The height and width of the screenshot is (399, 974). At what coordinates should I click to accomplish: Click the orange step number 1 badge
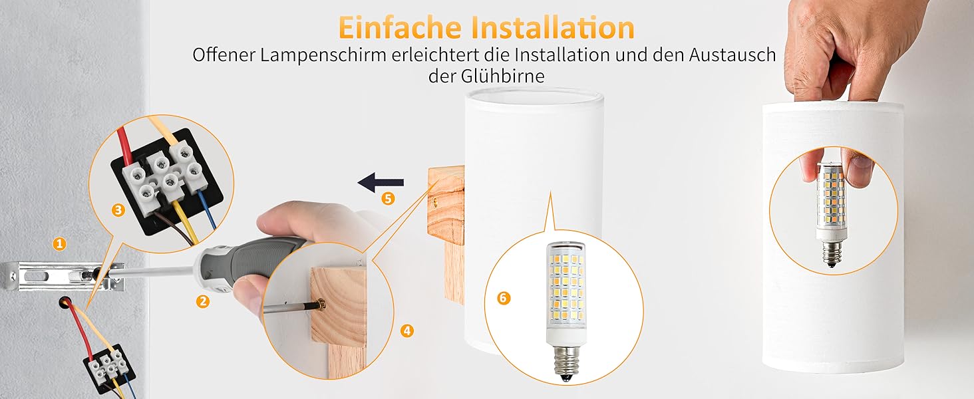coord(60,243)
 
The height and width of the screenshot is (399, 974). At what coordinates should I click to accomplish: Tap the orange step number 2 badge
coord(203,301)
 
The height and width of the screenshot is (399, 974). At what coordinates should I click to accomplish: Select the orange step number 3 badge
coord(118,210)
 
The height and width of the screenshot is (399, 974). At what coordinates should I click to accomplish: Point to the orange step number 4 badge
coord(406,331)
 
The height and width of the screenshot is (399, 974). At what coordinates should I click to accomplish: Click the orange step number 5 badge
coord(388,199)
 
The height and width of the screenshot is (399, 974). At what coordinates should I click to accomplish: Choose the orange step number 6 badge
coord(504,298)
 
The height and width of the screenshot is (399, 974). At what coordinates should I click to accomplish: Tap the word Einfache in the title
coord(400,27)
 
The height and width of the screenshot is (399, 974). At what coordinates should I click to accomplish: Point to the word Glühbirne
coord(503,76)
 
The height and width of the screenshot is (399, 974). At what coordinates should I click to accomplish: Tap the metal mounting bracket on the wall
coord(65,276)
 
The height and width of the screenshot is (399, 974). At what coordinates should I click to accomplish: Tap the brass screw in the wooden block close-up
coord(321,305)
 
